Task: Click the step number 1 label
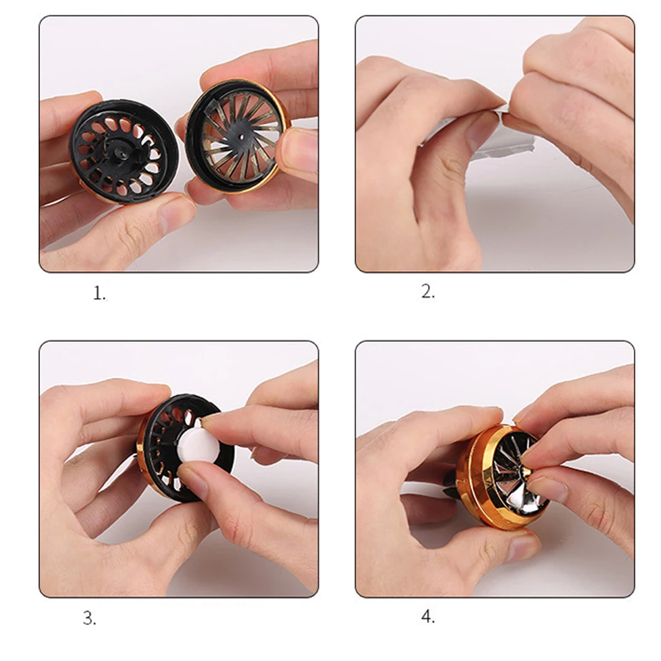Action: (x=99, y=294)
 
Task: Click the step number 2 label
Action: (x=428, y=292)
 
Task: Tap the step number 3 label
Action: (x=89, y=618)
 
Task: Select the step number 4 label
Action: (x=428, y=616)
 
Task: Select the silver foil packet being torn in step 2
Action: (x=476, y=135)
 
